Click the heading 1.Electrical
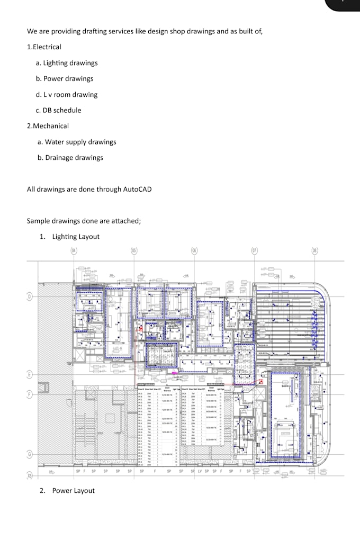[44, 47]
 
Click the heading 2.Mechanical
[48, 126]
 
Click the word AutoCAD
[137, 189]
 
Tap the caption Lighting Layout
[75, 237]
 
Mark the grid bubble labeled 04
[74, 250]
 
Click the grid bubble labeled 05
[134, 250]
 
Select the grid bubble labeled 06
[194, 250]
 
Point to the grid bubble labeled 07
[255, 250]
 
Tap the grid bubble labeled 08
[315, 250]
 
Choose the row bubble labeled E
[30, 375]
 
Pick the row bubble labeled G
[30, 454]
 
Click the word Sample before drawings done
[38, 221]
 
